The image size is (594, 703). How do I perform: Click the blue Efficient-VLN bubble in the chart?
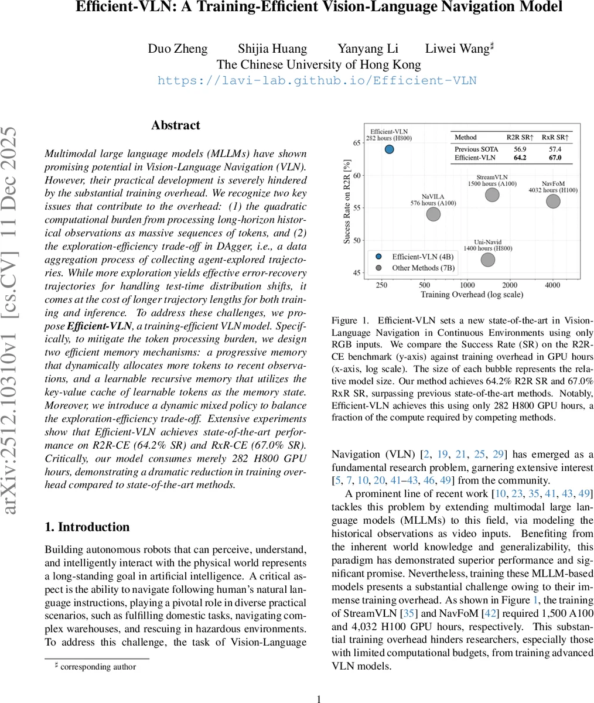pyautogui.click(x=389, y=149)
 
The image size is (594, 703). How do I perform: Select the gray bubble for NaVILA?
pyautogui.click(x=433, y=214)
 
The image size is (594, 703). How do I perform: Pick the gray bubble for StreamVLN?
pyautogui.click(x=492, y=194)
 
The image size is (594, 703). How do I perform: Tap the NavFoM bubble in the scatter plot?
pyautogui.click(x=553, y=201)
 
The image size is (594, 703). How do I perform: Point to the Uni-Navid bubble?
pyautogui.click(x=487, y=259)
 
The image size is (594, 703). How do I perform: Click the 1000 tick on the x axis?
pyautogui.click(x=467, y=285)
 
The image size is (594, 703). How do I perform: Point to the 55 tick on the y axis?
pyautogui.click(x=355, y=208)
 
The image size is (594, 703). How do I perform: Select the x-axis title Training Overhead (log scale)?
pyautogui.click(x=472, y=295)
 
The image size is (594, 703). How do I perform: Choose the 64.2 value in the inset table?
pyautogui.click(x=520, y=158)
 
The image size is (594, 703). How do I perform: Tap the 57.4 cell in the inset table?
pyautogui.click(x=554, y=149)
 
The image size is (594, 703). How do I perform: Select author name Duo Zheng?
pyautogui.click(x=176, y=49)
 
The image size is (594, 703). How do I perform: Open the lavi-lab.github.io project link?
pyautogui.click(x=317, y=80)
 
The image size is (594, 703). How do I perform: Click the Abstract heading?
pyautogui.click(x=175, y=125)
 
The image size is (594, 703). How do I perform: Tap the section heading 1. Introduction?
pyautogui.click(x=87, y=527)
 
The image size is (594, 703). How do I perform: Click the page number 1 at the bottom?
pyautogui.click(x=319, y=698)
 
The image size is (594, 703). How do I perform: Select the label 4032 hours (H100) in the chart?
pyautogui.click(x=553, y=190)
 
